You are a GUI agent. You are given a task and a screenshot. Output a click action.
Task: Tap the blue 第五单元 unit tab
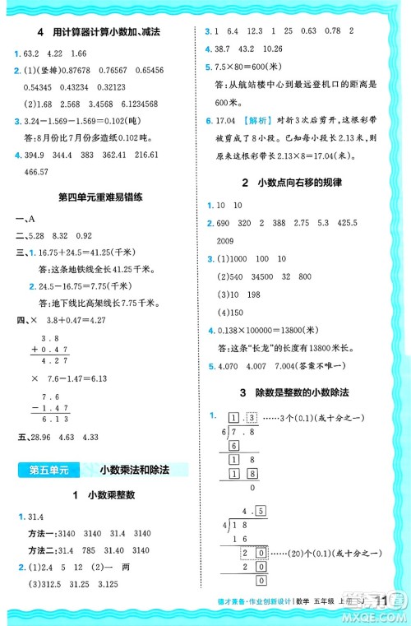48,470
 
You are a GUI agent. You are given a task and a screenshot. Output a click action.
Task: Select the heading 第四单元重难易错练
101,198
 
